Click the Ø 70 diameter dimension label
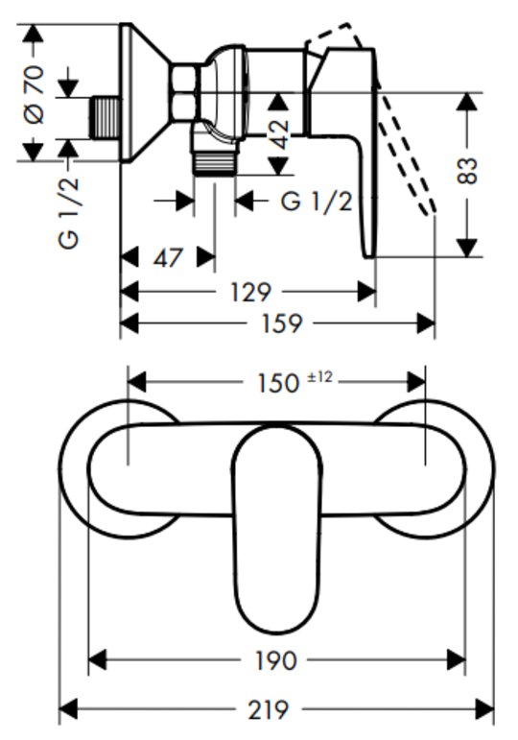(x=35, y=94)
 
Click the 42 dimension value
(x=279, y=134)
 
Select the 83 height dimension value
(x=467, y=171)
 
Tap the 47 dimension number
(x=168, y=258)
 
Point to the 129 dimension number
(x=250, y=292)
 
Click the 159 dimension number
(x=281, y=323)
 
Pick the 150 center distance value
(x=278, y=383)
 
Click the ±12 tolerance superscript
(x=320, y=377)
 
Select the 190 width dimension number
(x=276, y=660)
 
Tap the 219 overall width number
(x=268, y=709)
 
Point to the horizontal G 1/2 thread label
(x=317, y=202)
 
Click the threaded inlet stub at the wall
(x=105, y=118)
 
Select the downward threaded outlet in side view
(x=215, y=163)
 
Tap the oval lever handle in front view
(x=277, y=528)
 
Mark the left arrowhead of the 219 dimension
(x=68, y=709)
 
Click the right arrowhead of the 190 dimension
(x=457, y=659)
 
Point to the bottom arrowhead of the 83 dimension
(x=467, y=249)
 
